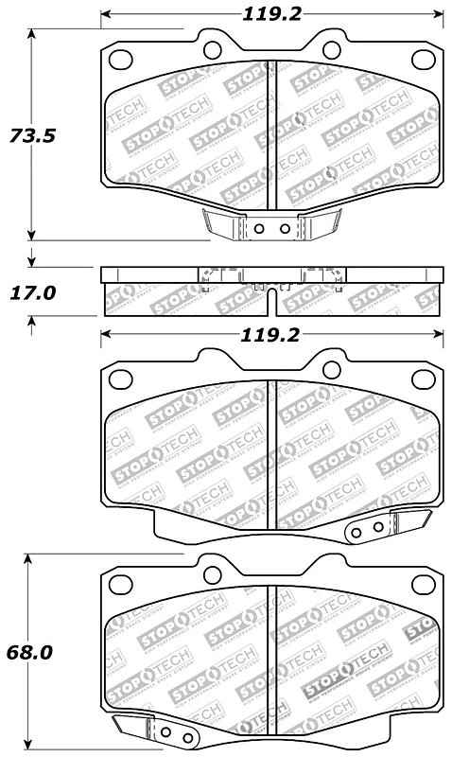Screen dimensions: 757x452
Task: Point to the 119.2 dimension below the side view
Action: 272,334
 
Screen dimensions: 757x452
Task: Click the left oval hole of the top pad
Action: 121,61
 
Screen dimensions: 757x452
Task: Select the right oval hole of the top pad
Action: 424,61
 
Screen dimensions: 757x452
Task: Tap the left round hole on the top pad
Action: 211,50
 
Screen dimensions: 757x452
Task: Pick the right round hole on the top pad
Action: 331,50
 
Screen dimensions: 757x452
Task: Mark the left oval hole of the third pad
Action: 120,379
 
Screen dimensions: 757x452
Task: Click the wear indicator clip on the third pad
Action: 388,526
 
